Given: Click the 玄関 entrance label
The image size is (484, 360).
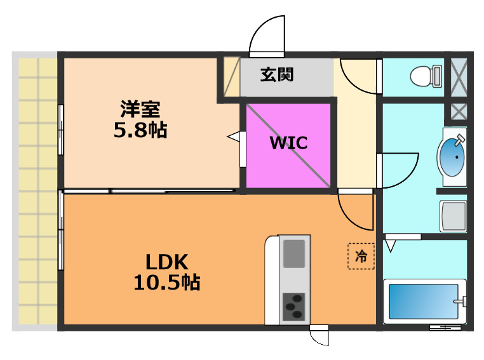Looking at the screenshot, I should coord(277,75).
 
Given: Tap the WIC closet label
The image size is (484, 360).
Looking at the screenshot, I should coord(288,143).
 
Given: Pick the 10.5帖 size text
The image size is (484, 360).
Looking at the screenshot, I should coord(166,282).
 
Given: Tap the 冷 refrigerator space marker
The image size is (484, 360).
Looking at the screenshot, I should coord(361,257).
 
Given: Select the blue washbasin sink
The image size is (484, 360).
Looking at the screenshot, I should coord(452,156).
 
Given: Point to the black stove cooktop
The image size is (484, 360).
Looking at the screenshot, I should coord(293,307).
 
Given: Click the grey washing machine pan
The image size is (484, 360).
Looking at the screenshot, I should coord(454,217).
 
